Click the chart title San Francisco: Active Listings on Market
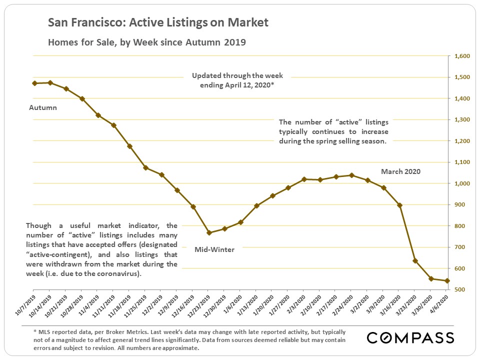coord(158,22)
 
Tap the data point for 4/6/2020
coord(447,281)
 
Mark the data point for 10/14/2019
coord(50,82)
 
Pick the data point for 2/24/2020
coord(351,175)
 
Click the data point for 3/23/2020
coord(415,260)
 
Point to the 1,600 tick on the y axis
coord(462,56)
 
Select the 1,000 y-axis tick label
coord(462,184)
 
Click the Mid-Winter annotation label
coord(214,249)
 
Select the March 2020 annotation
coord(400,171)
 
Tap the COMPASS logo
coord(410,337)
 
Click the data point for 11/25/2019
coord(145,167)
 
